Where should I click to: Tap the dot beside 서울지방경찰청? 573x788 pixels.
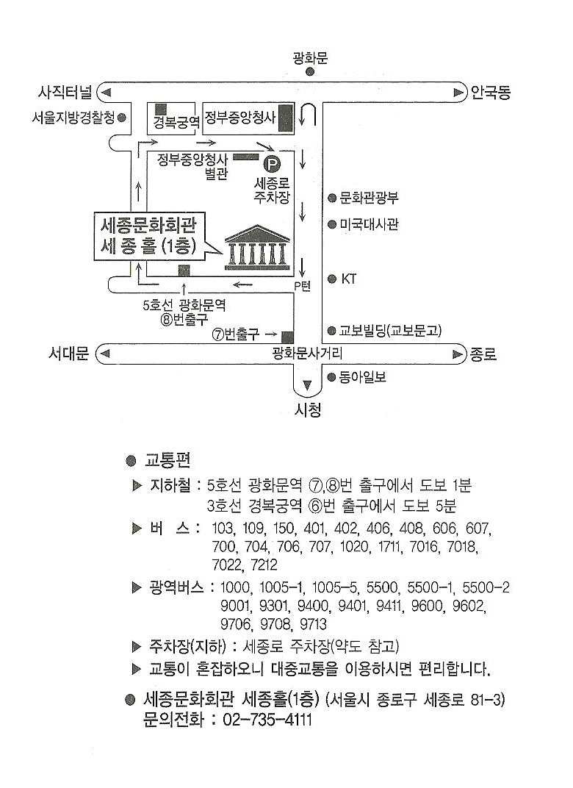[x=121, y=117]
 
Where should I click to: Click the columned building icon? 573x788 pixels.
[x=257, y=246]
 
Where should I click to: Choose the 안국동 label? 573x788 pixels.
[x=491, y=93]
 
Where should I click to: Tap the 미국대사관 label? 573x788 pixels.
[x=370, y=224]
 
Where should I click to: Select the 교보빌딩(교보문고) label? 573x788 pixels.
[x=395, y=331]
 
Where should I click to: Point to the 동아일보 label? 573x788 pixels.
[x=362, y=377]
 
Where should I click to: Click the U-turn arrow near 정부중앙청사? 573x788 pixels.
[x=309, y=116]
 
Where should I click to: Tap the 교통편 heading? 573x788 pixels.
[x=168, y=461]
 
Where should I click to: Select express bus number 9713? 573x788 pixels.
[x=312, y=625]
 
